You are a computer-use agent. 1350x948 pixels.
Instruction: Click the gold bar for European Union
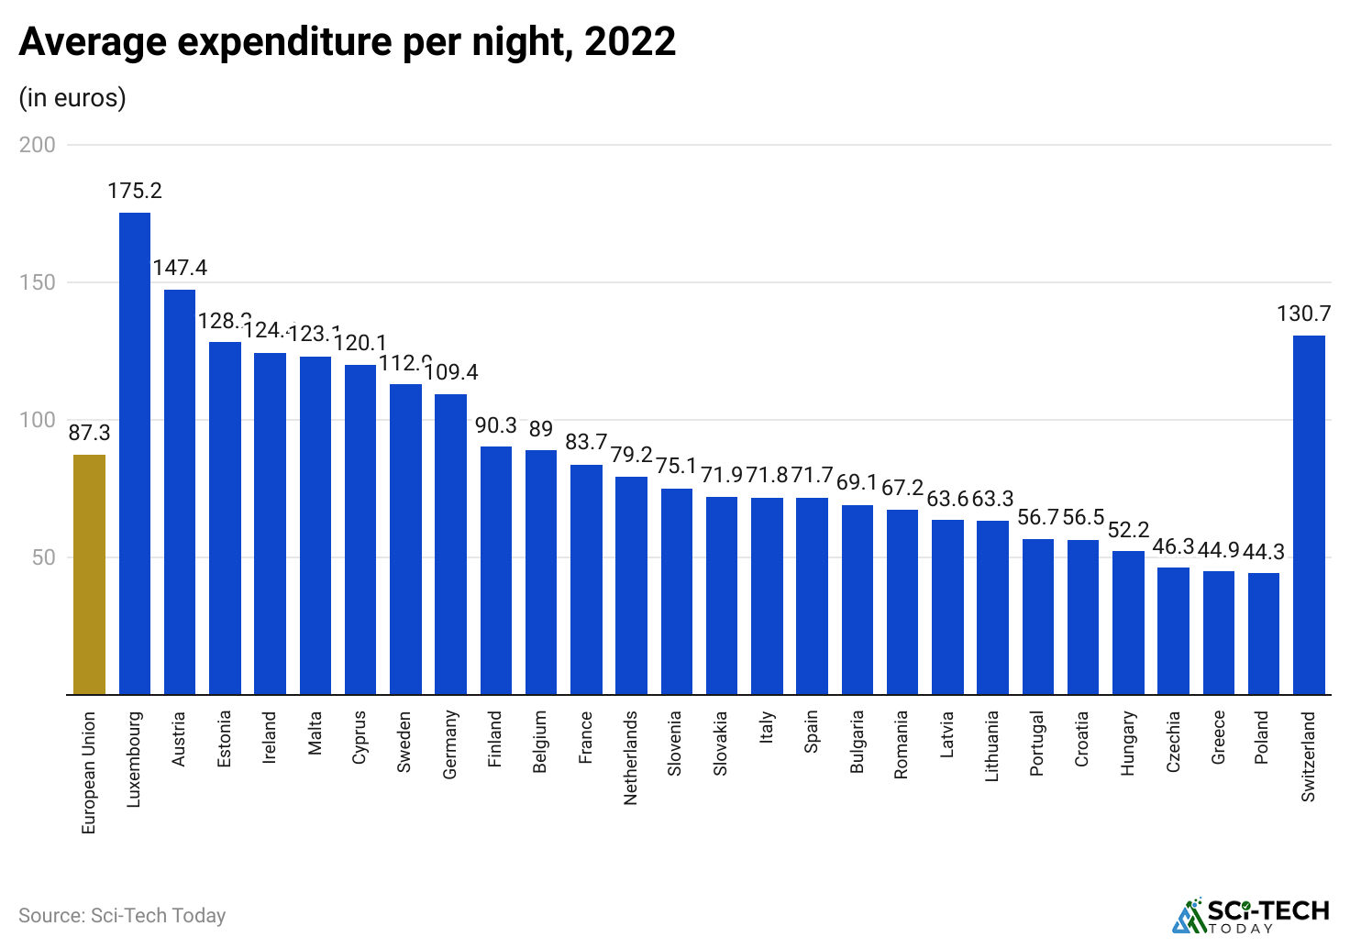pyautogui.click(x=89, y=575)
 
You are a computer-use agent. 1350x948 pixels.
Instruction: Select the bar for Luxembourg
pyautogui.click(x=135, y=454)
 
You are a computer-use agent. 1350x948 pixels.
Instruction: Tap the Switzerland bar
pyautogui.click(x=1309, y=515)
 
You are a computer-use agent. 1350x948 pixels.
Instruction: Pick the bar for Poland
pyautogui.click(x=1264, y=634)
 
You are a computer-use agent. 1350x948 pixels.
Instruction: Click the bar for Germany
pyautogui.click(x=450, y=545)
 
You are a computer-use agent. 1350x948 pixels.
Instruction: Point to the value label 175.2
pyautogui.click(x=135, y=191)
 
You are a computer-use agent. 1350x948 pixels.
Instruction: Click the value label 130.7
pyautogui.click(x=1303, y=314)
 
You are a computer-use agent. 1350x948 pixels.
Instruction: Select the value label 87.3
pyautogui.click(x=89, y=433)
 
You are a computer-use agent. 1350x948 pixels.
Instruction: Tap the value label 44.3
pyautogui.click(x=1265, y=552)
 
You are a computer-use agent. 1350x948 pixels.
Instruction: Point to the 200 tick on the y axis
pyautogui.click(x=38, y=145)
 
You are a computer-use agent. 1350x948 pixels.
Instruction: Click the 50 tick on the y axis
pyautogui.click(x=43, y=557)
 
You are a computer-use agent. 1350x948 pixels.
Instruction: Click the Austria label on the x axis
pyautogui.click(x=180, y=739)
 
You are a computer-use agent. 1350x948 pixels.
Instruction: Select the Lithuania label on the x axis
pyautogui.click(x=992, y=746)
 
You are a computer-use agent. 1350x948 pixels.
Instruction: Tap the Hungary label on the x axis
pyautogui.click(x=1128, y=744)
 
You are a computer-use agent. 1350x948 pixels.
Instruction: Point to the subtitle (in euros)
pyautogui.click(x=72, y=97)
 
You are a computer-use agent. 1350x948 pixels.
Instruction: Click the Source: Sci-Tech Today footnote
pyautogui.click(x=122, y=915)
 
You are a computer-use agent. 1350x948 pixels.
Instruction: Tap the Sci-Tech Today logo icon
pyautogui.click(x=1188, y=915)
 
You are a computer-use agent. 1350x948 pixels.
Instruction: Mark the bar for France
pyautogui.click(x=586, y=579)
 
